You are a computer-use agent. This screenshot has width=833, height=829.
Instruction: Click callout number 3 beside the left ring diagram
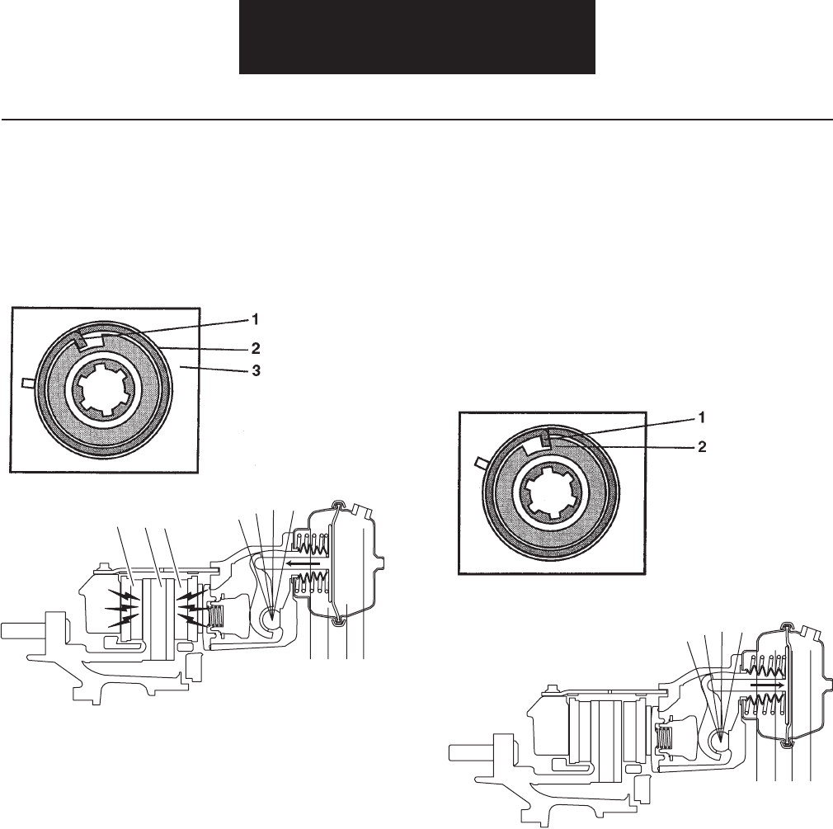[x=256, y=371]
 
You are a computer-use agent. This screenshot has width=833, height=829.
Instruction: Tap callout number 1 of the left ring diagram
[x=255, y=319]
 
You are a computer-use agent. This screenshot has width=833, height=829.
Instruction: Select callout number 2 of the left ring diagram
[x=256, y=349]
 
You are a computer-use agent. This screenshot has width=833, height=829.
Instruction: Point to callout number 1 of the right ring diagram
[x=701, y=418]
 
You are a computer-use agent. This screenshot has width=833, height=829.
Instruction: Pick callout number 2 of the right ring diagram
[x=702, y=447]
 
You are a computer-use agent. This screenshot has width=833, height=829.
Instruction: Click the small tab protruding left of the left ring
[x=28, y=382]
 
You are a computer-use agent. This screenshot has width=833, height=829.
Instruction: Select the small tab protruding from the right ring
[x=482, y=462]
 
